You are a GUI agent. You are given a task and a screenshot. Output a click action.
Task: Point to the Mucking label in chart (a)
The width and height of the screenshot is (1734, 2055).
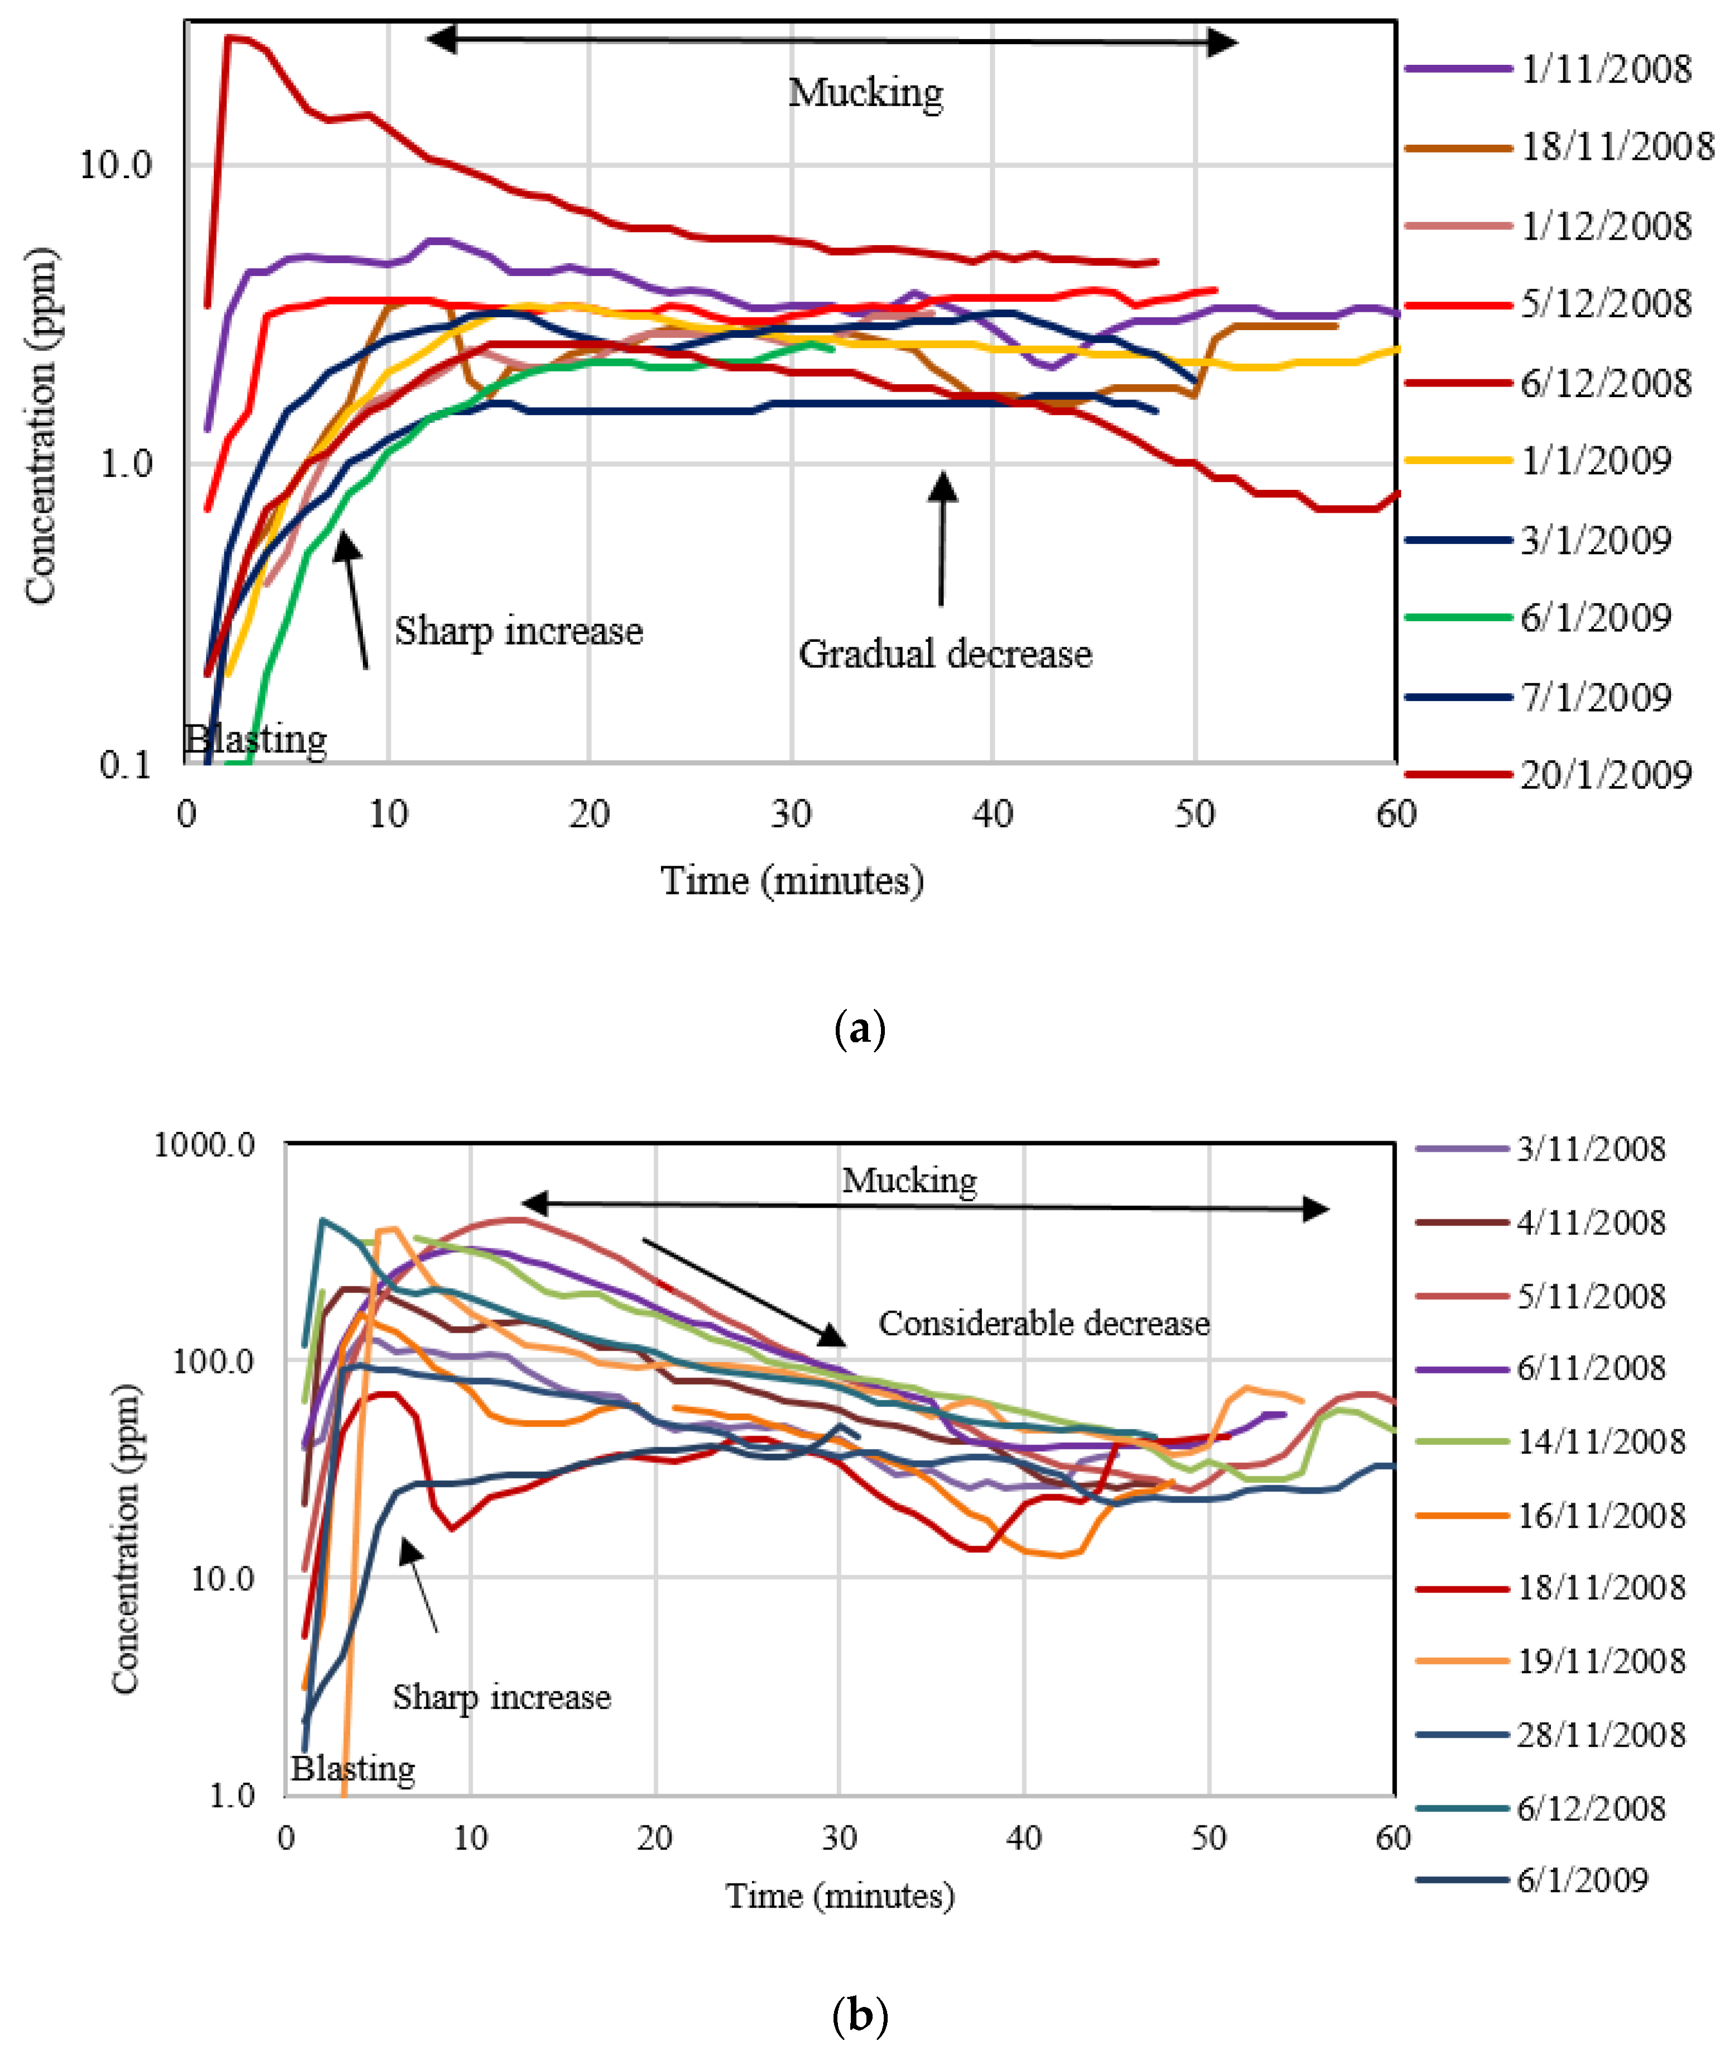click(x=865, y=92)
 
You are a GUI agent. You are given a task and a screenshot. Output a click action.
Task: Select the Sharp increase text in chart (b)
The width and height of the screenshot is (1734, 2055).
click(x=501, y=1697)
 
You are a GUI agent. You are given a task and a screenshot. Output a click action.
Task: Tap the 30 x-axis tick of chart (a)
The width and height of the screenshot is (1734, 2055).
click(x=791, y=814)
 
